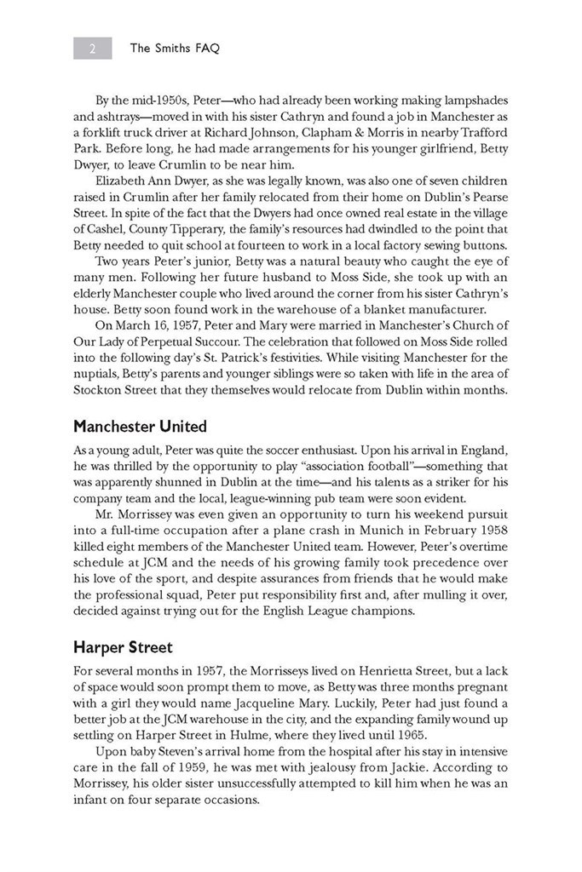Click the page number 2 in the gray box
pyautogui.click(x=92, y=49)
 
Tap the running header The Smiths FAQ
pyautogui.click(x=175, y=49)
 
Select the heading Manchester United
pyautogui.click(x=140, y=426)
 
